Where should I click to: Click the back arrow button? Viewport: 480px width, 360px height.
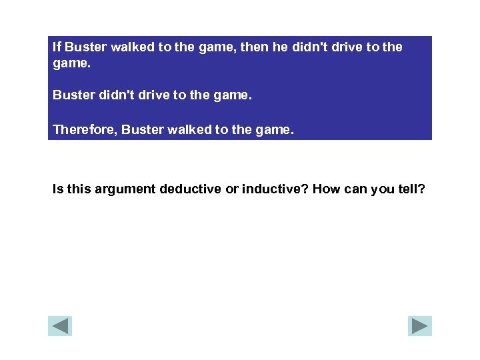60,325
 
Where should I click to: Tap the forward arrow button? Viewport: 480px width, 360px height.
420,325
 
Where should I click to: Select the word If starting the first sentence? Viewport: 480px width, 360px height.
57,47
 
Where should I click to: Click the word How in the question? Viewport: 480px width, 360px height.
326,189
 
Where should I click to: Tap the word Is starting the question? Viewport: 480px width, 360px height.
58,189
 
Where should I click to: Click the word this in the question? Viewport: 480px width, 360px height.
79,189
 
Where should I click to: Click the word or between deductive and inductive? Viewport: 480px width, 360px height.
232,189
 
